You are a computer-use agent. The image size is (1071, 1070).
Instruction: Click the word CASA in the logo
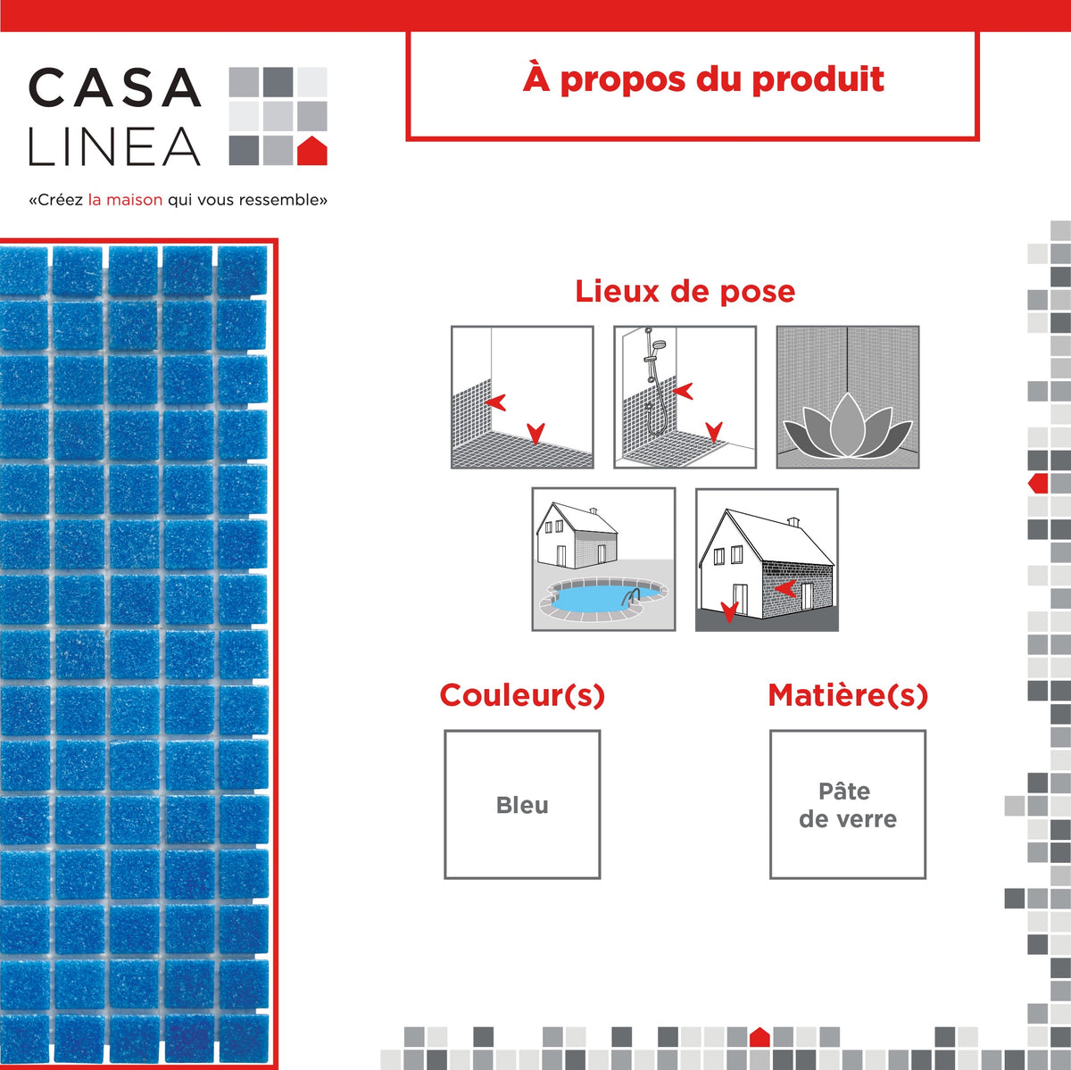(x=114, y=87)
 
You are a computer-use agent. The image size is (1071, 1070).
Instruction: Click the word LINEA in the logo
(x=114, y=146)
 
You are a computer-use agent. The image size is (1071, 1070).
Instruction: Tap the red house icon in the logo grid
(x=311, y=150)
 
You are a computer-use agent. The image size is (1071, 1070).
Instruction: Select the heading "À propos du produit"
(x=703, y=79)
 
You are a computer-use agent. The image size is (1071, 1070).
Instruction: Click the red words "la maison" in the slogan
(x=125, y=200)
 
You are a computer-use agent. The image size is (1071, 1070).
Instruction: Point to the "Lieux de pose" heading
(x=685, y=291)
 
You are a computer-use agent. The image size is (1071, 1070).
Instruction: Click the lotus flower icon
(x=848, y=426)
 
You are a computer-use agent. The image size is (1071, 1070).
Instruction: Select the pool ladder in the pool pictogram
(x=631, y=598)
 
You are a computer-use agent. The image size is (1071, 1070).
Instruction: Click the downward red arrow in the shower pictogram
(x=714, y=432)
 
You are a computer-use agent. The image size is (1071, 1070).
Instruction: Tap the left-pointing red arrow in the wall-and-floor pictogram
(x=495, y=402)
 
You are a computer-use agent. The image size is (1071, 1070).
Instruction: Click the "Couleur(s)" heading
(x=522, y=695)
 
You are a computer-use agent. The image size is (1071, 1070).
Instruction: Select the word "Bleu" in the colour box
(x=522, y=805)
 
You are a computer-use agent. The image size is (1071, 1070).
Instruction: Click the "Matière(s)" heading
(x=848, y=695)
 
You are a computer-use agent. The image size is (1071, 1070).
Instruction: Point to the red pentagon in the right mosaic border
(x=1038, y=483)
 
